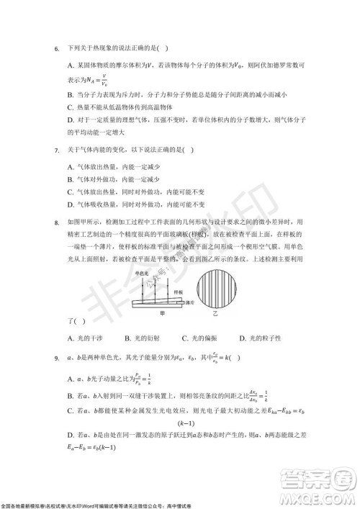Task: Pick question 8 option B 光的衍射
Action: point(144,338)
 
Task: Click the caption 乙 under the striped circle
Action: point(224,315)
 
